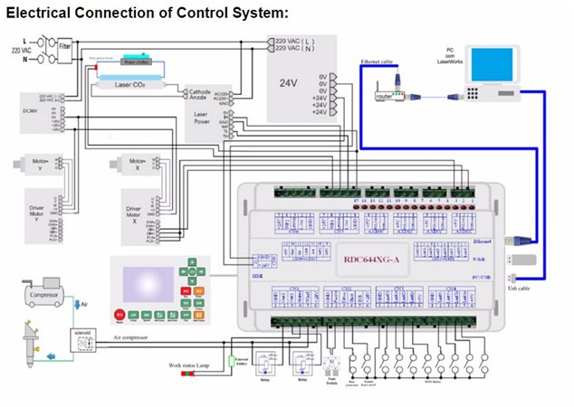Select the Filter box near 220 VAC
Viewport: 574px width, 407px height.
tap(64, 43)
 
